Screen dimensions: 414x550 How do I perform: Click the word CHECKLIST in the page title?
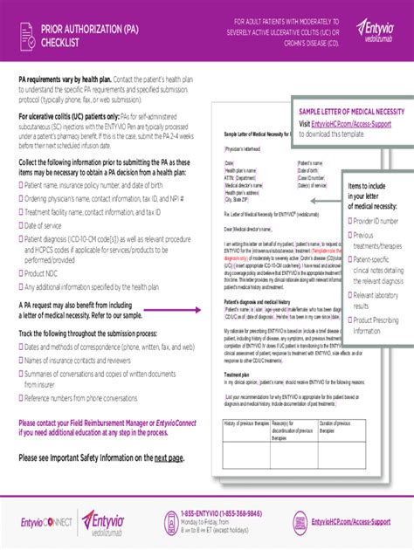[x=61, y=40]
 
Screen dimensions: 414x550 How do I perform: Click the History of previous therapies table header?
[x=246, y=423]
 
